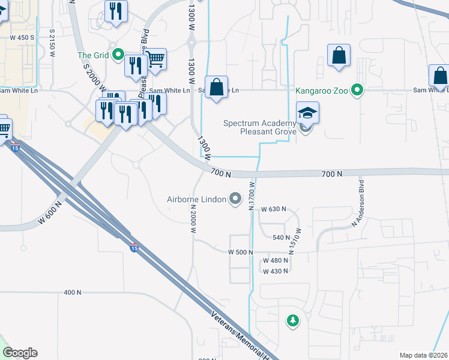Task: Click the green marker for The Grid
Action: tap(118, 56)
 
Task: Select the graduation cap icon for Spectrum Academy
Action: tap(307, 112)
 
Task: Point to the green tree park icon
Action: tap(293, 320)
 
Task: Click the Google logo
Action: tap(20, 353)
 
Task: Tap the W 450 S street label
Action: tap(22, 37)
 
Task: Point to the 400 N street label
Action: tap(72, 292)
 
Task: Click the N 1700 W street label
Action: tap(252, 197)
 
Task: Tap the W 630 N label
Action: tap(274, 209)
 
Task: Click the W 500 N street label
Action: tap(240, 253)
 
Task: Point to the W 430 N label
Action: tap(275, 271)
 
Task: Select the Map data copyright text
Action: tap(423, 355)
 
